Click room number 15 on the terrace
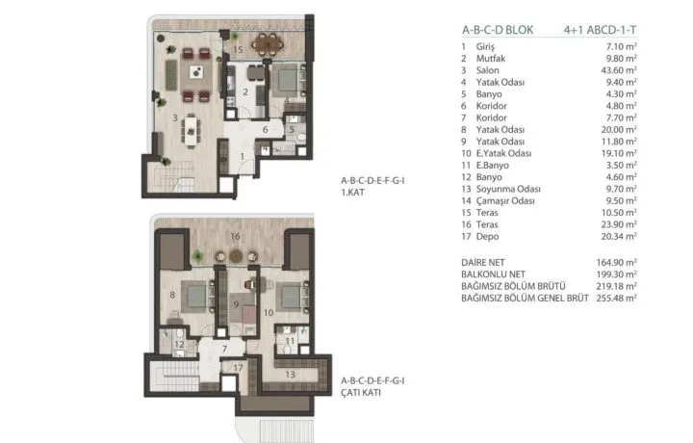point(238,49)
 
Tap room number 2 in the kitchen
point(245,91)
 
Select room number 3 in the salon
point(175,118)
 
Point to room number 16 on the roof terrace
point(235,237)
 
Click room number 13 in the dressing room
point(290,375)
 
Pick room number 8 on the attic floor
point(172,295)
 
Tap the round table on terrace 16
point(236,256)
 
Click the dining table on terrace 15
point(268,43)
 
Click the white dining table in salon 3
point(191,131)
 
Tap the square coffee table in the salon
point(196,72)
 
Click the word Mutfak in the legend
point(491,59)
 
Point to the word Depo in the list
point(487,237)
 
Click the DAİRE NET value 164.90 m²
point(617,263)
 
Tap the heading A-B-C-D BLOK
point(498,30)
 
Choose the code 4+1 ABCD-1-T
point(601,30)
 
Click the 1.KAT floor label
point(352,193)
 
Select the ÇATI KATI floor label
point(361,393)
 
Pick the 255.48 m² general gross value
point(617,298)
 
